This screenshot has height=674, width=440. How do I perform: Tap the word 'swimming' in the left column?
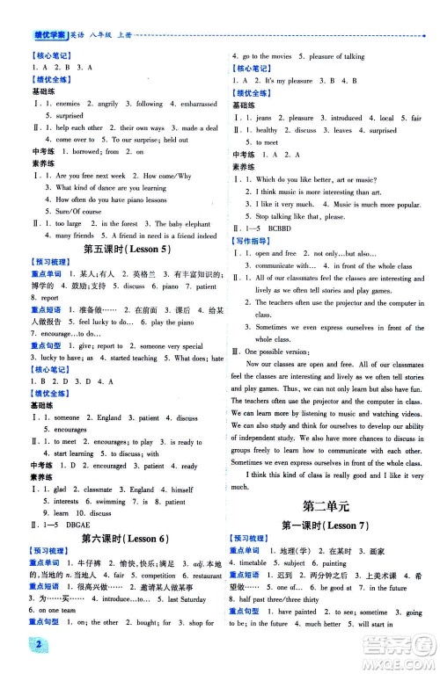(x=109, y=500)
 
